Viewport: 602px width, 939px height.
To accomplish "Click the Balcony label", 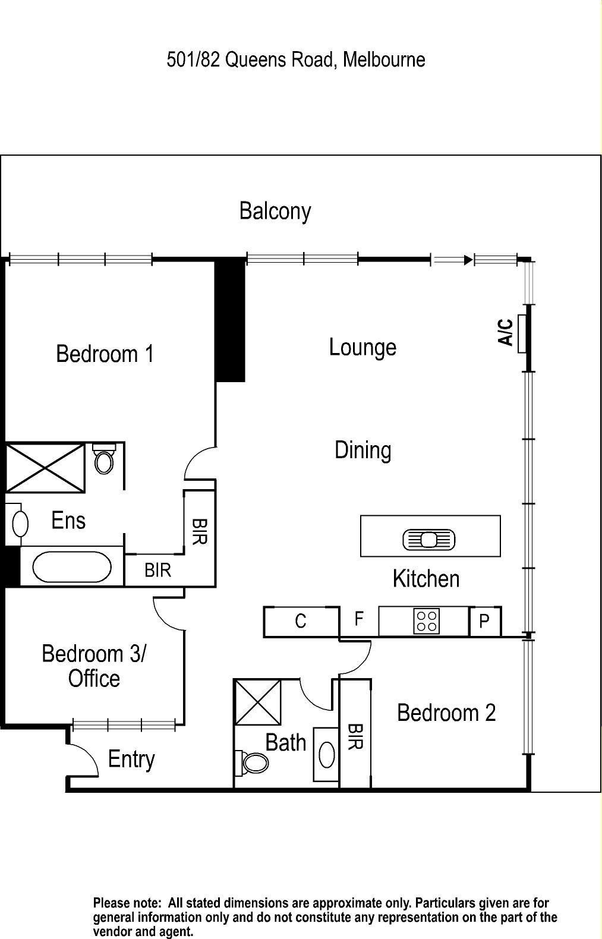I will pyautogui.click(x=275, y=211).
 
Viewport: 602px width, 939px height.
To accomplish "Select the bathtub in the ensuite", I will pyautogui.click(x=71, y=566).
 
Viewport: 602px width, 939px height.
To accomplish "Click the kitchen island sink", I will pyautogui.click(x=429, y=540).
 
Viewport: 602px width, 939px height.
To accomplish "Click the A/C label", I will pyautogui.click(x=505, y=332).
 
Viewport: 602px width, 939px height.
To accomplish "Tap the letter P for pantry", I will pyautogui.click(x=484, y=622).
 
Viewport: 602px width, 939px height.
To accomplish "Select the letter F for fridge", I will pyautogui.click(x=358, y=619).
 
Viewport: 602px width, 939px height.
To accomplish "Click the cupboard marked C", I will pyautogui.click(x=301, y=622).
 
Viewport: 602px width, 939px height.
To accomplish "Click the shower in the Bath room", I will pyautogui.click(x=258, y=702).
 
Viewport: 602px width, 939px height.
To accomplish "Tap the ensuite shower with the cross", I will pyautogui.click(x=45, y=468).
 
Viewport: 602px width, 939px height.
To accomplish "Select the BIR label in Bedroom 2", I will pyautogui.click(x=355, y=736).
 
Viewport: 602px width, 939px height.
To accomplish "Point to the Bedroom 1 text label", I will pyautogui.click(x=105, y=354).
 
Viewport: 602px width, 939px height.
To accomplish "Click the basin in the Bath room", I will pyautogui.click(x=326, y=755).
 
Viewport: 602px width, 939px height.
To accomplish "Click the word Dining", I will pyautogui.click(x=363, y=450).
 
